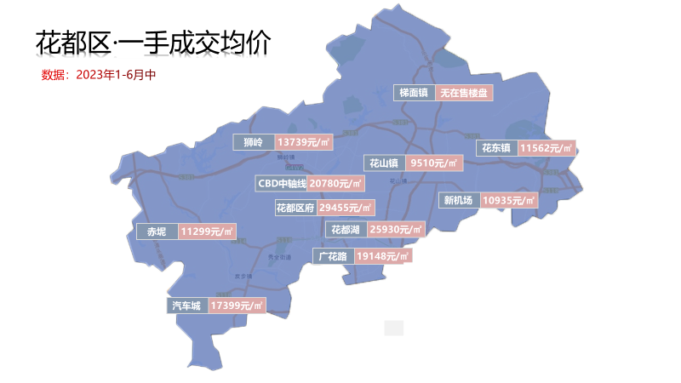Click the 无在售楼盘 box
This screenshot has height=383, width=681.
pos(464,93)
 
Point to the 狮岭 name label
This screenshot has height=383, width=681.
pos(253,142)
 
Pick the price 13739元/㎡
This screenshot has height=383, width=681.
pos(304,142)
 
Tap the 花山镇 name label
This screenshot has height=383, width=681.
pos(383,163)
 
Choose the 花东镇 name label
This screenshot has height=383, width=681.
pos(496,147)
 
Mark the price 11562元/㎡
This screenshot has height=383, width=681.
pos(547,147)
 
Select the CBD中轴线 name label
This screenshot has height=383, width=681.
pos(281,183)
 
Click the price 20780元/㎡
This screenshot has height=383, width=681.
pos(335,183)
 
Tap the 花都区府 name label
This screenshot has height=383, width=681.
pos(295,208)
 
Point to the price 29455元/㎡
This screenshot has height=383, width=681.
pos(346,208)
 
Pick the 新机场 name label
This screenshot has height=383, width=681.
pos(458,201)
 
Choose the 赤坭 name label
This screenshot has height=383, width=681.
pos(157,232)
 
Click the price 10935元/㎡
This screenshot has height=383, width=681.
pos(508,201)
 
